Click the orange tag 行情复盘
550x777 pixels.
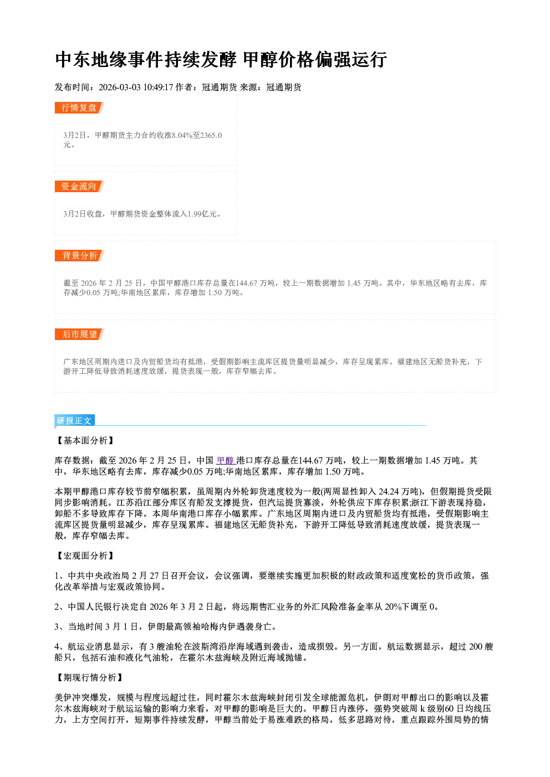click(x=79, y=107)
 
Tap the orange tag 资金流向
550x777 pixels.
click(x=79, y=186)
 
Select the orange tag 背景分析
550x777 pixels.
click(x=79, y=256)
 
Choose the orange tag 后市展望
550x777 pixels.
click(x=79, y=335)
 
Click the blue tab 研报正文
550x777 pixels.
click(x=74, y=421)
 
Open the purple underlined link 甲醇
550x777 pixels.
click(x=226, y=461)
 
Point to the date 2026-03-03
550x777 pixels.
click(x=119, y=88)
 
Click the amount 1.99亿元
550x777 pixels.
click(x=202, y=214)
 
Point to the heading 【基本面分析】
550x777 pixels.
click(x=85, y=440)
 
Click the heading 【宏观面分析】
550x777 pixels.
click(x=85, y=555)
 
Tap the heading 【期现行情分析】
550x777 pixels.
click(x=90, y=678)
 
